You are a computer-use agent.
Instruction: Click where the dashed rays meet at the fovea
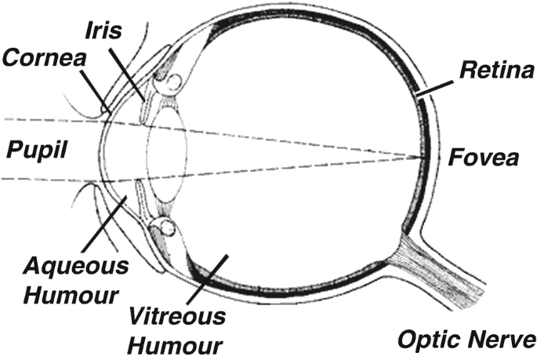tap(426, 155)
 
